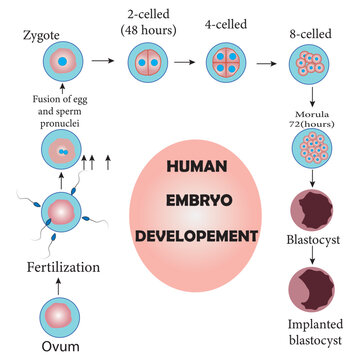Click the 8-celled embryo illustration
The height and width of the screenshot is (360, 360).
311,61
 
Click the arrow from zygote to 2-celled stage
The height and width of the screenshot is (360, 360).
100,62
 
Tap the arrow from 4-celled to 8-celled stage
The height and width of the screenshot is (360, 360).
267,62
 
